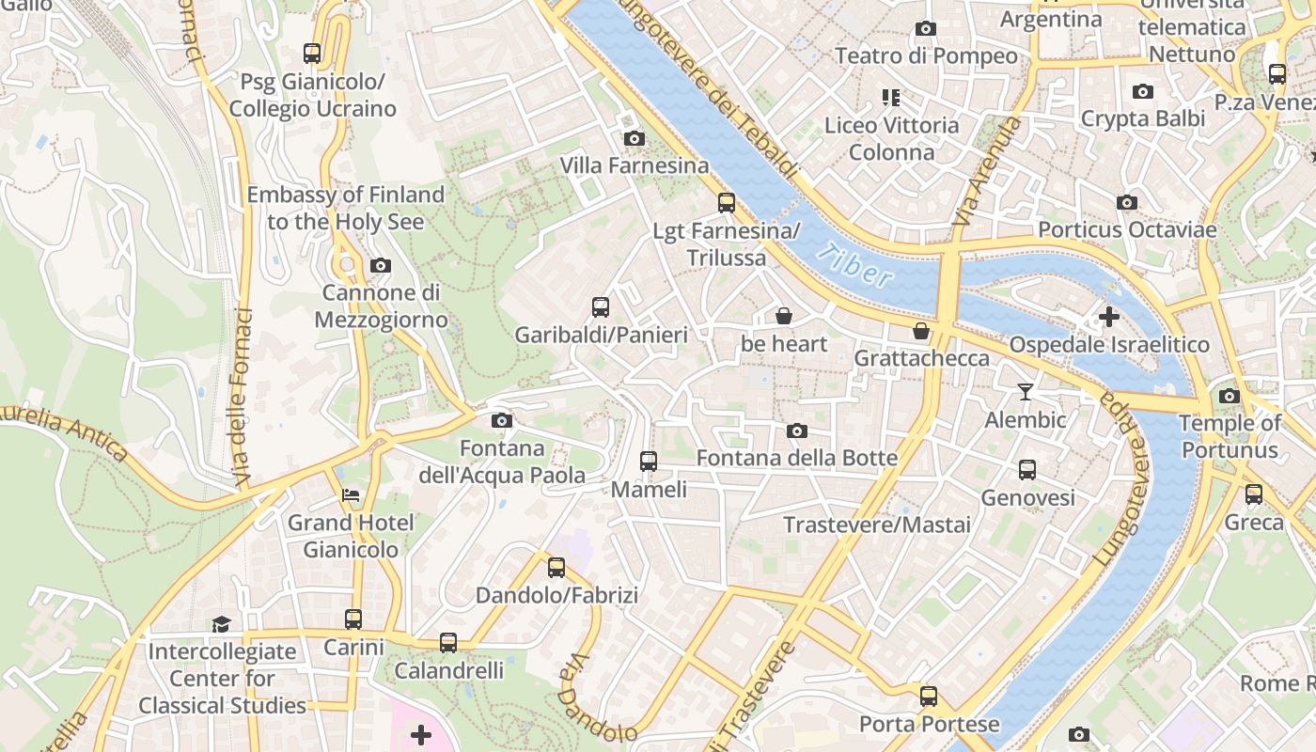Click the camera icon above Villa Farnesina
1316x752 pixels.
click(x=634, y=139)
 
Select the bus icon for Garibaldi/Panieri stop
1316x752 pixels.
click(x=601, y=307)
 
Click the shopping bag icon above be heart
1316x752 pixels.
click(x=784, y=317)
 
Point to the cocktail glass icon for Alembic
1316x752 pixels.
click(x=1025, y=392)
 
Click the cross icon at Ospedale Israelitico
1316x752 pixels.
click(x=1109, y=317)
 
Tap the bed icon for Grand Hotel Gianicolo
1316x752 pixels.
click(x=351, y=494)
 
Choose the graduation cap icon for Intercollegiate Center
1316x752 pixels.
click(x=221, y=624)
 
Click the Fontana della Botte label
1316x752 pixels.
click(x=796, y=458)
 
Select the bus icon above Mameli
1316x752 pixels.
click(x=649, y=462)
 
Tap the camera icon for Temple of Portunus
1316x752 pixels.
click(x=1230, y=396)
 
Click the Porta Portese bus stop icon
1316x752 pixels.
click(x=929, y=697)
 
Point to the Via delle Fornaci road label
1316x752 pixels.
click(x=241, y=395)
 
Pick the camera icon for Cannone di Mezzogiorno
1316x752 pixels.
click(x=381, y=266)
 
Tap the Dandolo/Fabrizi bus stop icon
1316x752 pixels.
click(x=556, y=568)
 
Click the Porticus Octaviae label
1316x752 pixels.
click(x=1127, y=229)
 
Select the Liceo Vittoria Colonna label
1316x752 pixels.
click(x=891, y=138)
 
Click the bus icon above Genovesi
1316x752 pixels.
click(x=1027, y=469)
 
